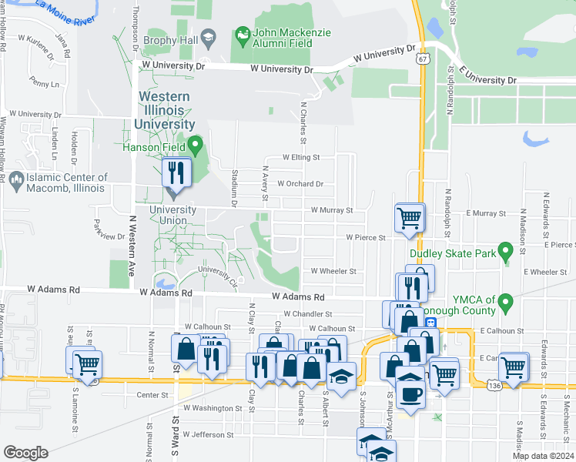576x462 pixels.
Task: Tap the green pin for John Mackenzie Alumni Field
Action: click(243, 35)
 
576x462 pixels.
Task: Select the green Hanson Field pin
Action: click(196, 144)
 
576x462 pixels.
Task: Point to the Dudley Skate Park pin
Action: click(505, 251)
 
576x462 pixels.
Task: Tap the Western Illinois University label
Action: click(164, 110)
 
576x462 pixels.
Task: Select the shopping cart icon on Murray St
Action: click(409, 217)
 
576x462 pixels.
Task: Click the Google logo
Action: click(25, 452)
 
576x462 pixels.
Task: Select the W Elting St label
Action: click(301, 157)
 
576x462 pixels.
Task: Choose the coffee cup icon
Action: click(410, 395)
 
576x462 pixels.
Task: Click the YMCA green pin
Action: click(506, 300)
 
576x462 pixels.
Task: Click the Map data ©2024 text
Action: click(542, 456)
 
